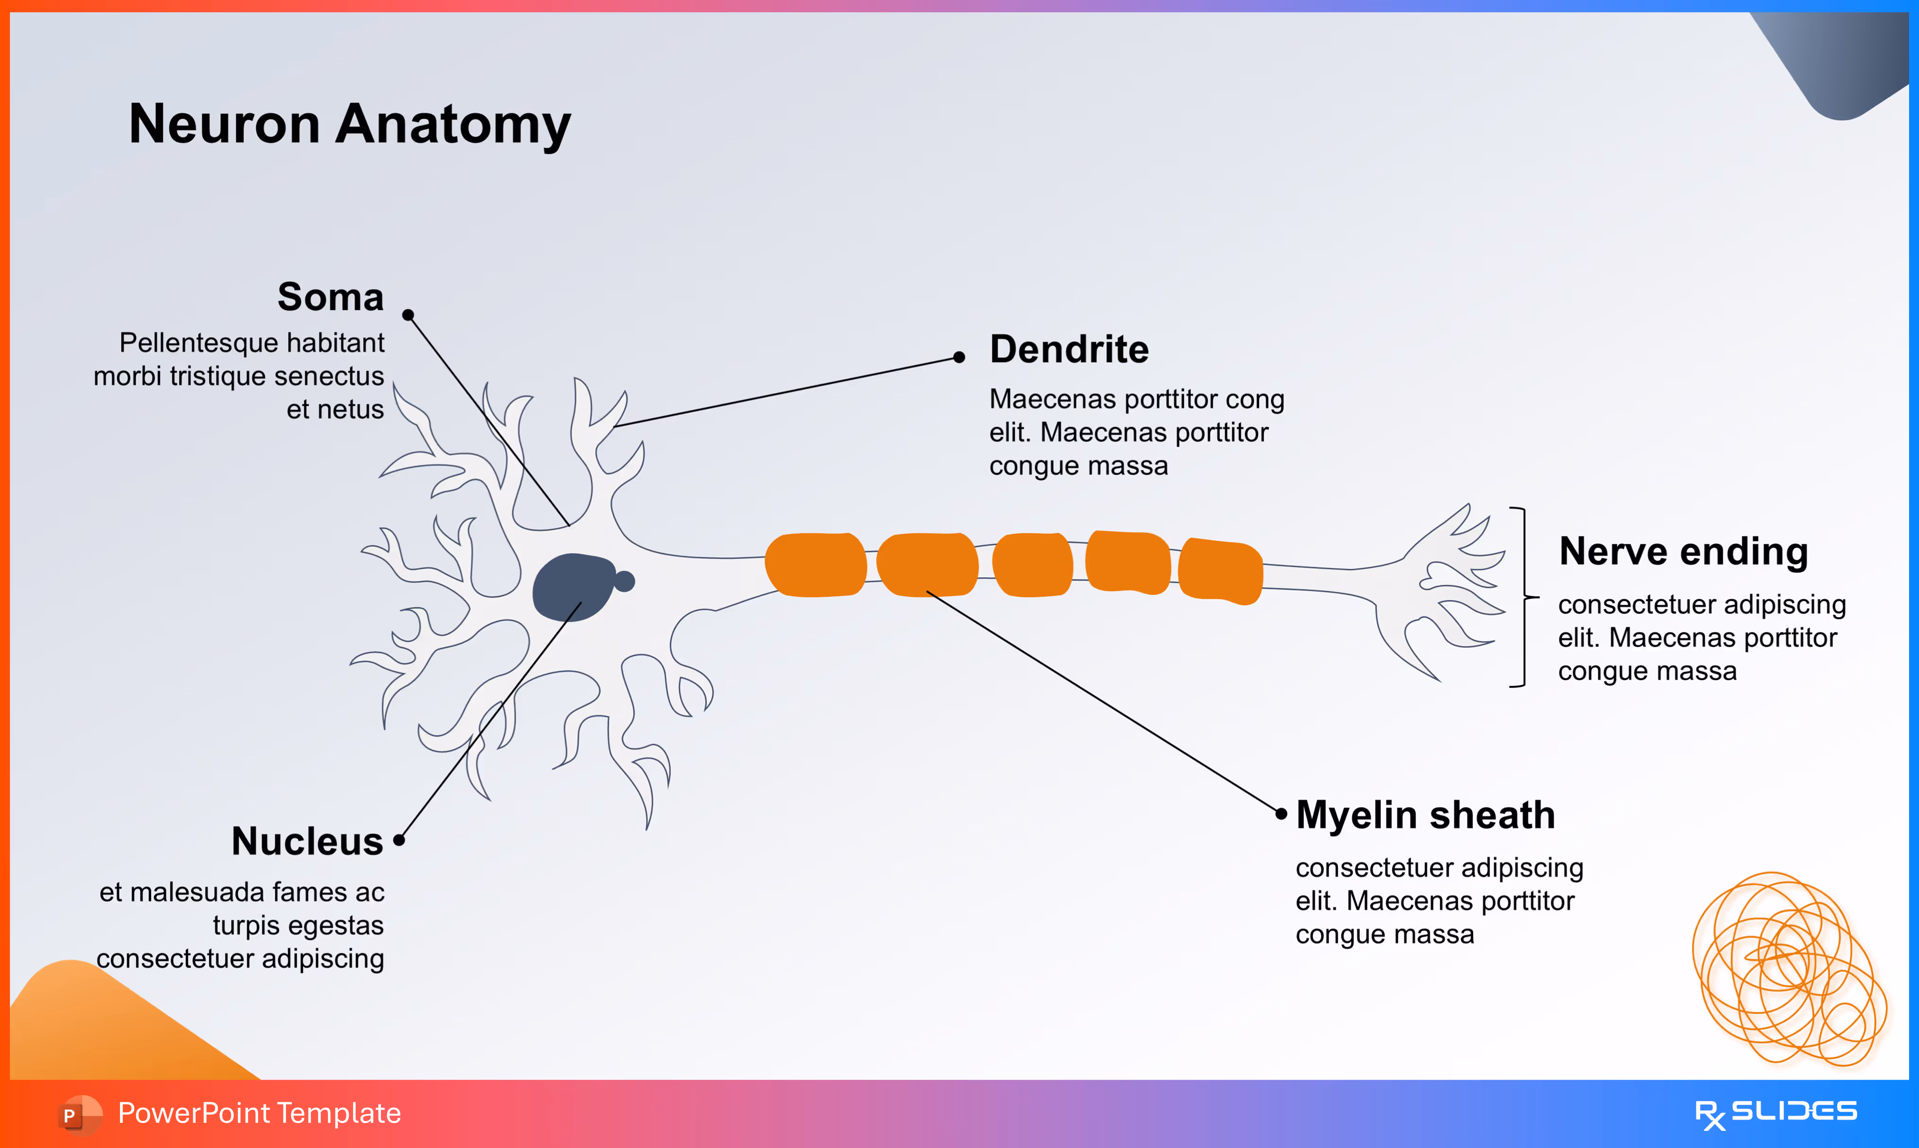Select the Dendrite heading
click(x=1069, y=350)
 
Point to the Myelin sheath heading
click(x=1426, y=815)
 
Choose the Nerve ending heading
click(x=1683, y=552)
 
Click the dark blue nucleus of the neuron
click(x=572, y=587)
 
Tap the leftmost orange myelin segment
click(x=815, y=565)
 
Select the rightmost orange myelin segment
click(x=1220, y=571)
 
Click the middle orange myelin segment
click(x=1032, y=565)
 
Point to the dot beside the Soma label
click(x=408, y=315)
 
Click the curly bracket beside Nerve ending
click(x=1523, y=597)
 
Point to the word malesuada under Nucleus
click(x=196, y=893)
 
